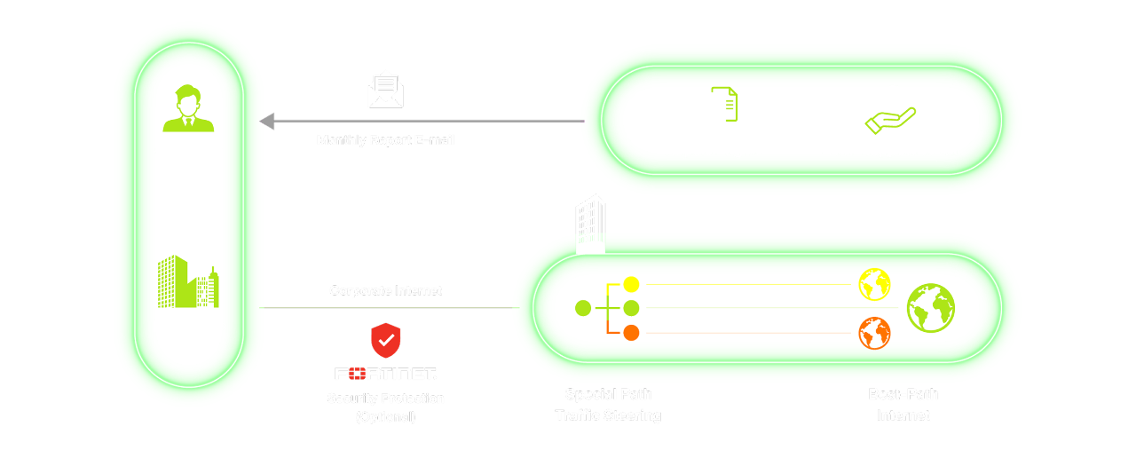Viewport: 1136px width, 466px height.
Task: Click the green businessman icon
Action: (x=188, y=107)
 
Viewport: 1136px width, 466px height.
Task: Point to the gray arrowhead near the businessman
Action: (x=265, y=121)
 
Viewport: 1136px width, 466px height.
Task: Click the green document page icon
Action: (x=725, y=104)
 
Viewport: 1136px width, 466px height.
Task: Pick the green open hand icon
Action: (x=889, y=121)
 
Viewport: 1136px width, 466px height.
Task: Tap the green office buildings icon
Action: (x=187, y=281)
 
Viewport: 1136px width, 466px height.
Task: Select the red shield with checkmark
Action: (x=385, y=340)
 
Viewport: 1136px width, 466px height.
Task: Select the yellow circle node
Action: (x=631, y=284)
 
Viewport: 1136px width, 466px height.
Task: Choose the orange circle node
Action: (x=631, y=334)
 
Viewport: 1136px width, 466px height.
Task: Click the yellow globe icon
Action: (x=874, y=285)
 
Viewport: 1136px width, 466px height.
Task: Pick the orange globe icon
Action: (x=874, y=334)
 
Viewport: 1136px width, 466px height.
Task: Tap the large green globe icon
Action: (x=930, y=308)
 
